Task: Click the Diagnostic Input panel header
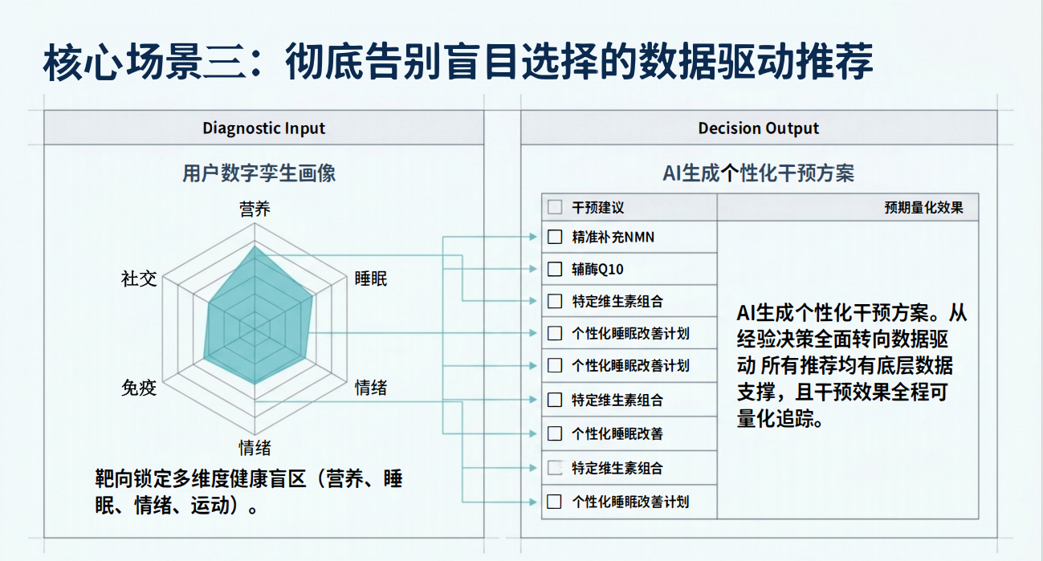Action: (263, 128)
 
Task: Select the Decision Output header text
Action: (758, 128)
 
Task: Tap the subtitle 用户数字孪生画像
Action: (259, 173)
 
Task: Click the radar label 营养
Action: (255, 209)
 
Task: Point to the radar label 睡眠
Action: (371, 278)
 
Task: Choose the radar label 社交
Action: (139, 278)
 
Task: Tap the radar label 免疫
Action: (139, 388)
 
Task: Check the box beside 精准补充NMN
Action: (555, 237)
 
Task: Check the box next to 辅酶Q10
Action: (555, 269)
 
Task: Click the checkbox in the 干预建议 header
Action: (555, 207)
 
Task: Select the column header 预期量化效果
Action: (924, 207)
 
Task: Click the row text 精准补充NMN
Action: (613, 237)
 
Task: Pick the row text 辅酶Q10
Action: (597, 269)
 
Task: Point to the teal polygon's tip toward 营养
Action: (255, 246)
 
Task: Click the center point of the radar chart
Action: (255, 329)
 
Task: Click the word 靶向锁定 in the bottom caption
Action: (133, 478)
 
